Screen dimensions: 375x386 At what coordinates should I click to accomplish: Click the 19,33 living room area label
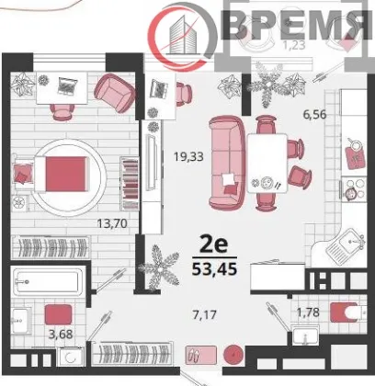click(x=188, y=156)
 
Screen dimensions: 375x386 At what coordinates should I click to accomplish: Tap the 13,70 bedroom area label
click(x=112, y=223)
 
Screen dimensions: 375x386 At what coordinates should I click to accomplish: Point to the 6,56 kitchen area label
click(x=314, y=115)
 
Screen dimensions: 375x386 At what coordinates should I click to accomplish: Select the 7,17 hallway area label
click(x=205, y=314)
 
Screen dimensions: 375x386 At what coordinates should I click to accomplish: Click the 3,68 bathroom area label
click(x=61, y=334)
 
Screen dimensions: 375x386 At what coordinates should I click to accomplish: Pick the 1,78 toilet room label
click(x=308, y=312)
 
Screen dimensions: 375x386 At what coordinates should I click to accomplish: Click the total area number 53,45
click(x=214, y=269)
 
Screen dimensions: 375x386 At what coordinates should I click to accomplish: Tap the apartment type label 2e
click(x=214, y=244)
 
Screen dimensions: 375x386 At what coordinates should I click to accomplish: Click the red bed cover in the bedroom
click(x=65, y=174)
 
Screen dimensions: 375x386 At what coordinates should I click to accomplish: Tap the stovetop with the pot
click(x=354, y=189)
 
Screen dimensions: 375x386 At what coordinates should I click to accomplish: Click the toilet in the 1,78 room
click(x=348, y=312)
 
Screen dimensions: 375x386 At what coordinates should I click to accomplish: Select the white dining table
click(x=267, y=163)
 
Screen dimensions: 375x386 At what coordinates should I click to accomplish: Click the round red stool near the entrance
click(x=233, y=355)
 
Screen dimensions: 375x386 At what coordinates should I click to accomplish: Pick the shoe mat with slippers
click(x=201, y=355)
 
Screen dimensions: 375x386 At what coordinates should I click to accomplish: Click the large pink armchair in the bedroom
click(x=115, y=93)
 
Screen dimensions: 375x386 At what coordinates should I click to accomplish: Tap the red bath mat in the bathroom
click(x=58, y=314)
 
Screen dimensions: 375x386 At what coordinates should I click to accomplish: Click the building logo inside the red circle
click(x=183, y=35)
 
